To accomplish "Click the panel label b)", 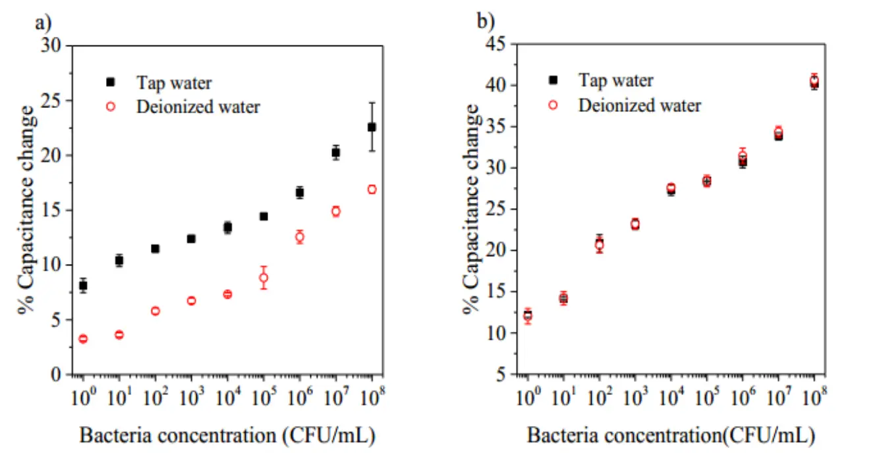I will [486, 22].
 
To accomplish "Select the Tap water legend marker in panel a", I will [110, 82].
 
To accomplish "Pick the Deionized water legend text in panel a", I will [198, 107].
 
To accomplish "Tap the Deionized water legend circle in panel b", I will [553, 104].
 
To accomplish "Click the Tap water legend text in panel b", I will [615, 80].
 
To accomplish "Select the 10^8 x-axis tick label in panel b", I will [816, 396].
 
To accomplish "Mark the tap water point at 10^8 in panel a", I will [372, 126].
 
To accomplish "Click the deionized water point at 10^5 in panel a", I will [264, 278].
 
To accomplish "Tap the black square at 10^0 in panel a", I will [83, 286].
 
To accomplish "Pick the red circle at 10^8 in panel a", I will [372, 190].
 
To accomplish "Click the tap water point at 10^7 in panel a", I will [335, 152].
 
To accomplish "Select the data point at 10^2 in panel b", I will [600, 244].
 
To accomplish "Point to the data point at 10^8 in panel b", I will [814, 82].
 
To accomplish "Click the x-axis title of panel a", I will [228, 435].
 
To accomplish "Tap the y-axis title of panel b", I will [472, 209].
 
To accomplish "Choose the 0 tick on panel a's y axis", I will [58, 375].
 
